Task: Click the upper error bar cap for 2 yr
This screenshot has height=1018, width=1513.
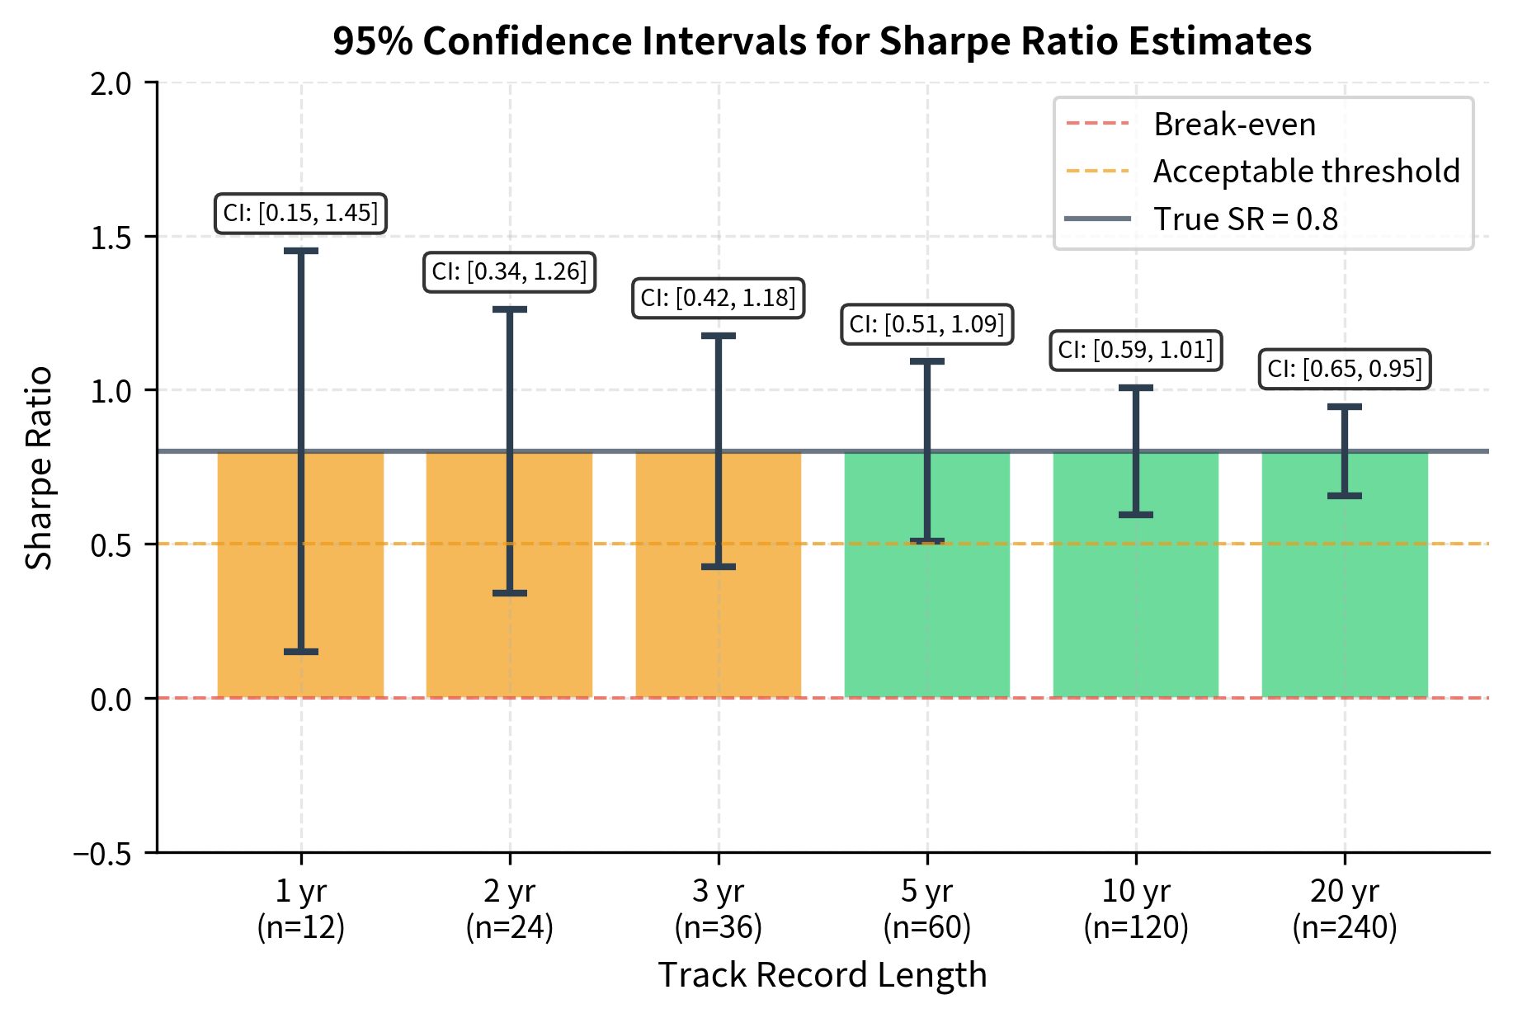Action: pyautogui.click(x=510, y=309)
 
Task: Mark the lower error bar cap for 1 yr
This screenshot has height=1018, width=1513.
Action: pyautogui.click(x=301, y=652)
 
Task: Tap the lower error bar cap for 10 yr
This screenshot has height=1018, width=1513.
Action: pyautogui.click(x=1136, y=515)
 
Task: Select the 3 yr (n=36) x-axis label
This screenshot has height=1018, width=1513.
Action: pyautogui.click(x=719, y=909)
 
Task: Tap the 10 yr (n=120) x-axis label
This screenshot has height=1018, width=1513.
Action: pyautogui.click(x=1136, y=909)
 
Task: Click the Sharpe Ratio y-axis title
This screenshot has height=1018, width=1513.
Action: pyautogui.click(x=39, y=468)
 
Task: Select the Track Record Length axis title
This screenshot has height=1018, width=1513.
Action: pyautogui.click(x=822, y=975)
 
